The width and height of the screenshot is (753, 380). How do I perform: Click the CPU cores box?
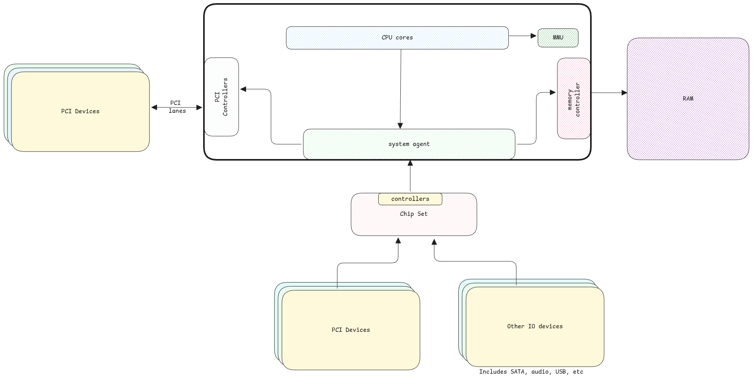[397, 38]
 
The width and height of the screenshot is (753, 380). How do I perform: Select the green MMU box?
[558, 38]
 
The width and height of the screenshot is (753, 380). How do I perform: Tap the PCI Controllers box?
[221, 97]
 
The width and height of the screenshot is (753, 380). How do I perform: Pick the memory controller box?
[574, 99]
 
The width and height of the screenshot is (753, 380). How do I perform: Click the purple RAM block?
[688, 99]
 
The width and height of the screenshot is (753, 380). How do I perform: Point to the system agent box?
[409, 144]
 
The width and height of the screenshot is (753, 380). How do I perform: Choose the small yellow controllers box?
[410, 199]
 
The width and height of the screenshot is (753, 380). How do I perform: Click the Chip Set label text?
[413, 214]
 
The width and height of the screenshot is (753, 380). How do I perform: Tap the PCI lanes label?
[176, 107]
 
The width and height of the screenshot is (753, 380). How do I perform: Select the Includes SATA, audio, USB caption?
[531, 372]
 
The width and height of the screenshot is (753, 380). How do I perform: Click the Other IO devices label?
[534, 326]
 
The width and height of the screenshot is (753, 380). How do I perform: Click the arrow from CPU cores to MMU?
[523, 36]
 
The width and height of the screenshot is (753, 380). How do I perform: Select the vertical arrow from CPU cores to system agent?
[400, 89]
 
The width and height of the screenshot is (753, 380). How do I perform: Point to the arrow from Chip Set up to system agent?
[410, 176]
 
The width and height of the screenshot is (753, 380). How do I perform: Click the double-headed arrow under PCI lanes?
[176, 107]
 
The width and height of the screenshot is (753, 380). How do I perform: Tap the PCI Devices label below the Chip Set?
[350, 330]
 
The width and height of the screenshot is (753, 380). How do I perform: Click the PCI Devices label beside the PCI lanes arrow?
[80, 111]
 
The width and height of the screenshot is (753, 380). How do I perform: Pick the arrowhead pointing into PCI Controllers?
[243, 89]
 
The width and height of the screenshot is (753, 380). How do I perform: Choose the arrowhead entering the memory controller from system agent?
[552, 93]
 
